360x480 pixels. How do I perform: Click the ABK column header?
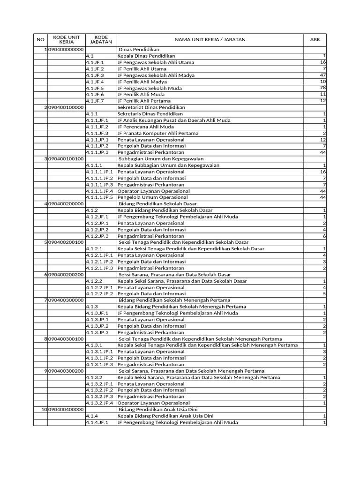tap(315, 40)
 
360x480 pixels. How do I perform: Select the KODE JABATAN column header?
tap(101, 40)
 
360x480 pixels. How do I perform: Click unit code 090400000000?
tap(66, 49)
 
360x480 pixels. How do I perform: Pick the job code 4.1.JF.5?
tap(95, 88)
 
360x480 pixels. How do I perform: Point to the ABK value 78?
tap(322, 88)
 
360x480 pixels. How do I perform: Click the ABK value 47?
tap(322, 75)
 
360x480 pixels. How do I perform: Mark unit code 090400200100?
tap(66, 242)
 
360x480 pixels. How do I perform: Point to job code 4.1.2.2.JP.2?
tap(99, 294)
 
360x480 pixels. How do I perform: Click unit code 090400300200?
tap(66, 371)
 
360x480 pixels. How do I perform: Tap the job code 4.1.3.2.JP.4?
tap(99, 403)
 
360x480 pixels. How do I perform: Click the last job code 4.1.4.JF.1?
tap(97, 422)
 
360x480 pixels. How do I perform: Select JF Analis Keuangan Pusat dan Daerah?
tap(174, 120)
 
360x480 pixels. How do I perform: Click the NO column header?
tap(40, 40)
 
